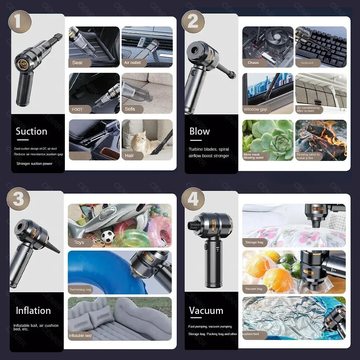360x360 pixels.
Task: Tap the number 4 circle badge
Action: point(193,199)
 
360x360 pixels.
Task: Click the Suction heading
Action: point(31,131)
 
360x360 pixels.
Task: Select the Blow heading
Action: point(199,131)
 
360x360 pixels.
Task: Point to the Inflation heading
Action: point(33,310)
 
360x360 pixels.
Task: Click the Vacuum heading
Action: point(206,310)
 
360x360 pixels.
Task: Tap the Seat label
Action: point(77,63)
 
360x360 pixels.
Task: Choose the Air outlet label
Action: point(132,63)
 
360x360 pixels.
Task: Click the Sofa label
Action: point(130,109)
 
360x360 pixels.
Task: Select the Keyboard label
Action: point(307,63)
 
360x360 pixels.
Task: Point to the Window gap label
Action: point(255,109)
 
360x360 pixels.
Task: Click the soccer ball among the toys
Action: point(108,236)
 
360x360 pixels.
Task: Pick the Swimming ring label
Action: point(80,289)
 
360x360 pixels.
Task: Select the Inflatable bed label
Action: point(80,336)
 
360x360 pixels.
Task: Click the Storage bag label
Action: point(254,242)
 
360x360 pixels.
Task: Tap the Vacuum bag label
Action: point(254,289)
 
